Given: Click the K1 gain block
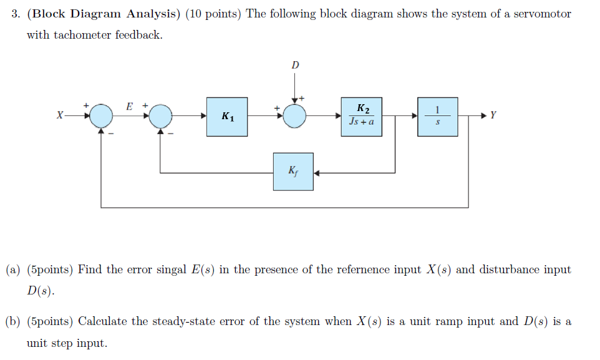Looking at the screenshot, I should pyautogui.click(x=228, y=116).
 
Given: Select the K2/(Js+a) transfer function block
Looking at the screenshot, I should pyautogui.click(x=362, y=116).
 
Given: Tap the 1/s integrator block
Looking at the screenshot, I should pyautogui.click(x=437, y=116).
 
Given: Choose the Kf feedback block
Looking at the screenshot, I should pyautogui.click(x=293, y=171).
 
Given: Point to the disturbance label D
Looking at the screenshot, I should pyautogui.click(x=295, y=65).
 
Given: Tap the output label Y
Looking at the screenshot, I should pyautogui.click(x=493, y=115).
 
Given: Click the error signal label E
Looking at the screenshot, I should pyautogui.click(x=129, y=106).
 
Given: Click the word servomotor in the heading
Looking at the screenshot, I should pyautogui.click(x=542, y=14).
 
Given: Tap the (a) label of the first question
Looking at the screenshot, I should pyautogui.click(x=14, y=270).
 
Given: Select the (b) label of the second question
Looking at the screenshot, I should pyautogui.click(x=14, y=321).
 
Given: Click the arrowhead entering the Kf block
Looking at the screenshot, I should pyautogui.click(x=317, y=172).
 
